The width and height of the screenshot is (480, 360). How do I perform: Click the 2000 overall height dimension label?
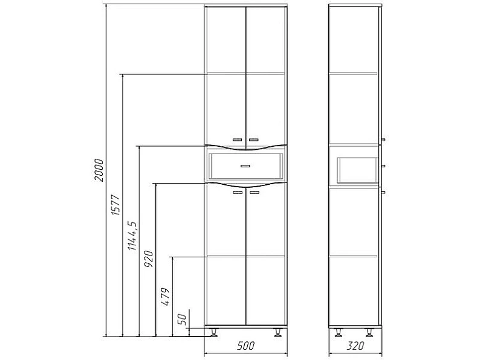click(x=99, y=170)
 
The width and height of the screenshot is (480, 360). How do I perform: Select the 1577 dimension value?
click(x=115, y=205)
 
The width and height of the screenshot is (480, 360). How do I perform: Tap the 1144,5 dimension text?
click(x=132, y=235)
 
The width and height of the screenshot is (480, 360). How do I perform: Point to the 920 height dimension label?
click(x=149, y=259)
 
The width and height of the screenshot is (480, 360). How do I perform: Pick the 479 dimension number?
click(x=165, y=297)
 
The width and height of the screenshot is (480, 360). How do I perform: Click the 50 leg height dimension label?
click(x=182, y=320)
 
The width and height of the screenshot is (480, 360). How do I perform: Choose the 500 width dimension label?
click(x=246, y=346)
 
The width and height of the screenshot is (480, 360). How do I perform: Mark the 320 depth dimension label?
click(x=355, y=346)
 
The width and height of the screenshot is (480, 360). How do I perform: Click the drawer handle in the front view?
click(x=245, y=166)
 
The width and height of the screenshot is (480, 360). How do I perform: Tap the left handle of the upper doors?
click(x=238, y=140)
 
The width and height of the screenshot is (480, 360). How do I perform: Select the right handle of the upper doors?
click(x=253, y=140)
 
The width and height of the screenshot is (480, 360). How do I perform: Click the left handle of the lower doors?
click(x=238, y=193)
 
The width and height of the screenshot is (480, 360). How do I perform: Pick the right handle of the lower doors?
click(x=255, y=193)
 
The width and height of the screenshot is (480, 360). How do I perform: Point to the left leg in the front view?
click(x=213, y=332)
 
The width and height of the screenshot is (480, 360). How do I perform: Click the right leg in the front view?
click(x=278, y=332)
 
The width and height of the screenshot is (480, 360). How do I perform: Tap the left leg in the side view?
click(x=339, y=332)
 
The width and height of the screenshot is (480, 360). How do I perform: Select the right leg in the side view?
click(x=369, y=332)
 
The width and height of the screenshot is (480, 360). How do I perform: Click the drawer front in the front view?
click(x=246, y=166)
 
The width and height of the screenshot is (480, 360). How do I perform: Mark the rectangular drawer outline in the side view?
click(x=357, y=170)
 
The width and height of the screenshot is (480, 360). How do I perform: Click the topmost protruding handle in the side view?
click(x=383, y=140)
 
